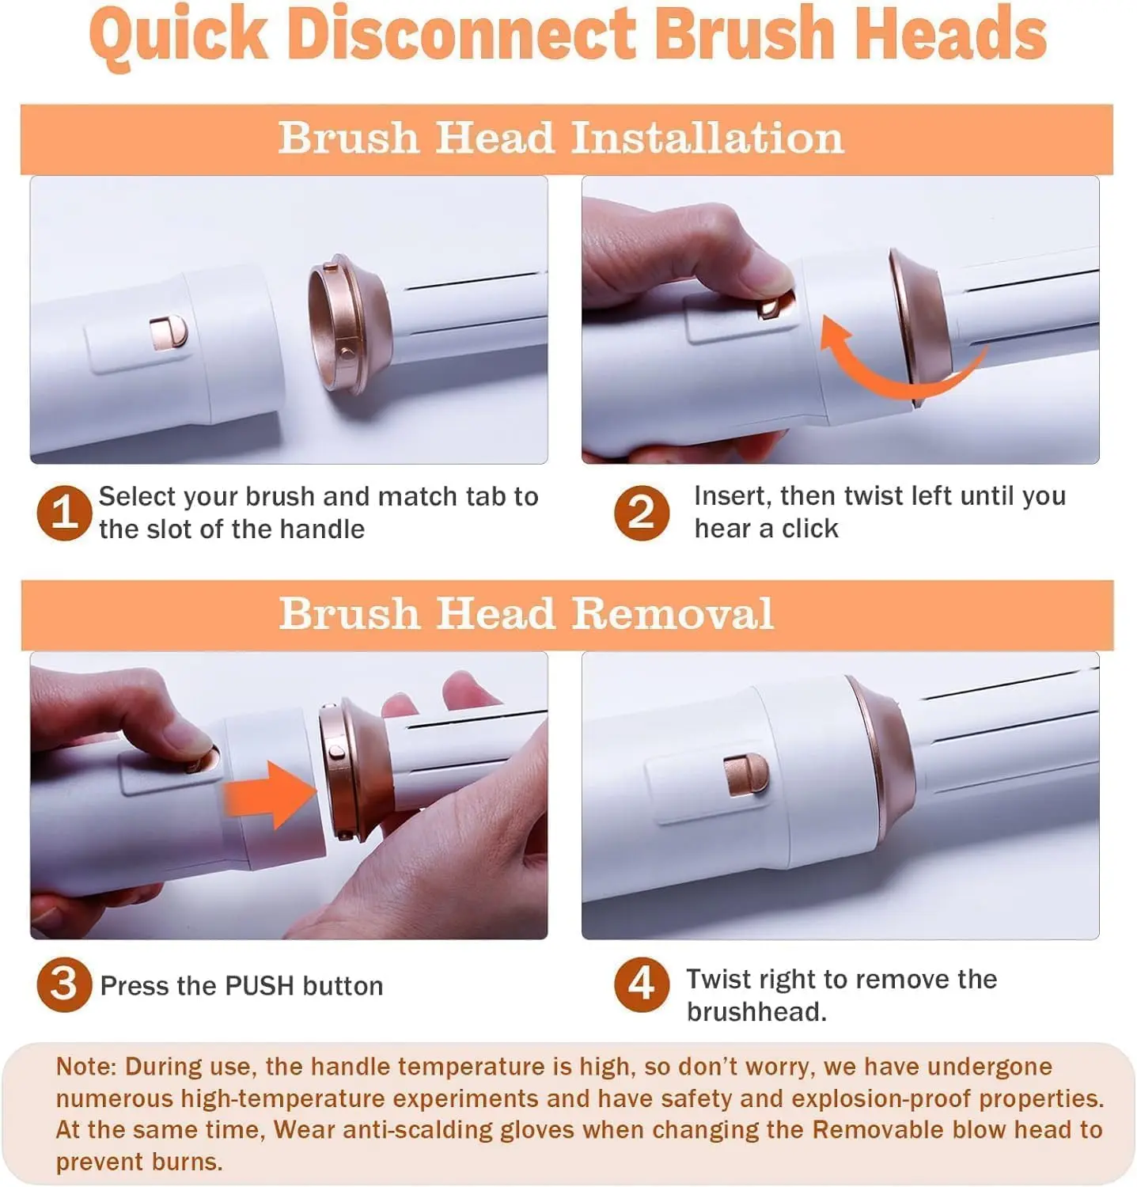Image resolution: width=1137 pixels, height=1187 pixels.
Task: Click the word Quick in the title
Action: [179, 35]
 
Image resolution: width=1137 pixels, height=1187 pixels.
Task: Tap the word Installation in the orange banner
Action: [707, 138]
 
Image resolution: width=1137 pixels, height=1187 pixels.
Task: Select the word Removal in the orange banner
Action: [673, 613]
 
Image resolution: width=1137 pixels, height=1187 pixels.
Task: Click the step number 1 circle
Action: [64, 512]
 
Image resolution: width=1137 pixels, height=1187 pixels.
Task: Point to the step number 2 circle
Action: [642, 512]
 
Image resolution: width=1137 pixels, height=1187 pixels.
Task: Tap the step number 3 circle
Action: [64, 984]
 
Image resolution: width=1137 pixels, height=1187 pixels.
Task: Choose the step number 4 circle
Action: [642, 984]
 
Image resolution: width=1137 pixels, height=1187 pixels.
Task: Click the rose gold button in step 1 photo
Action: [169, 332]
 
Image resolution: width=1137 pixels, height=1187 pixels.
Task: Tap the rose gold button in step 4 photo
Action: [746, 775]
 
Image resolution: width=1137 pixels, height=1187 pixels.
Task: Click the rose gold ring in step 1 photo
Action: [348, 325]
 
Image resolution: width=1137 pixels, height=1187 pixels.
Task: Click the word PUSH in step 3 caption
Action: [260, 986]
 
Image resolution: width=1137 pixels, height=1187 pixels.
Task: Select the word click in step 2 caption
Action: [810, 528]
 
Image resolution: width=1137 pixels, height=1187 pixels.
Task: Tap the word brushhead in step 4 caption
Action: [752, 1012]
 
